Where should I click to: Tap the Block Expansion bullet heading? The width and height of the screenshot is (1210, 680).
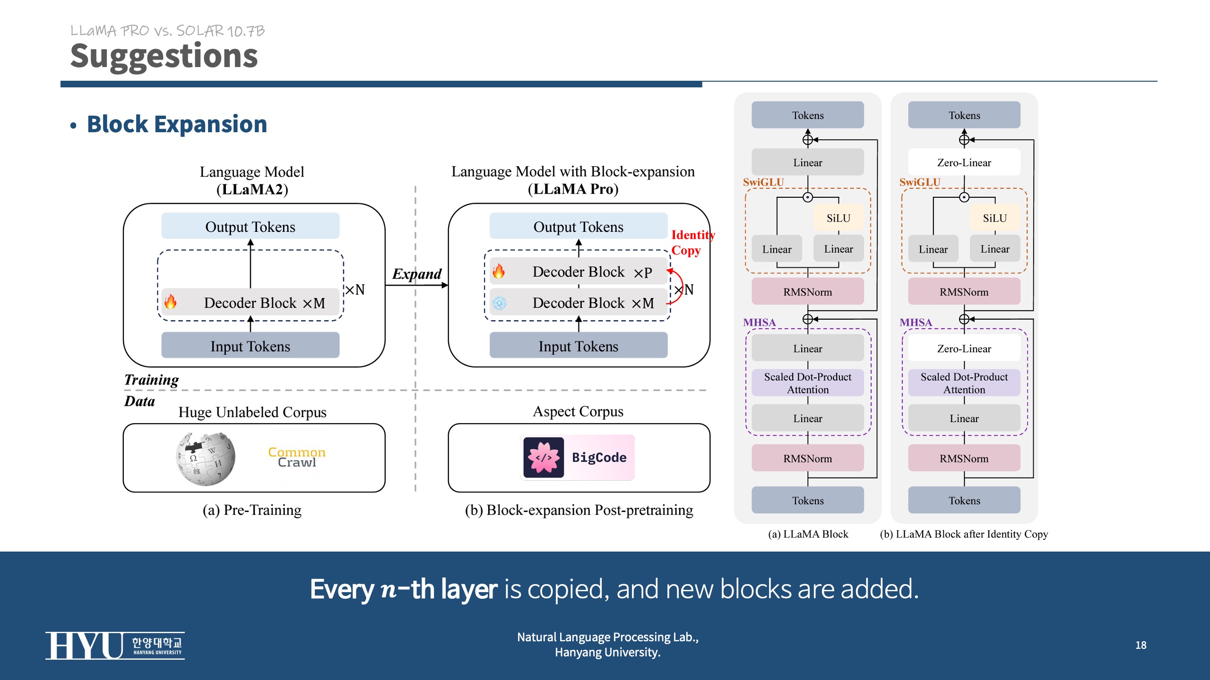click(x=177, y=125)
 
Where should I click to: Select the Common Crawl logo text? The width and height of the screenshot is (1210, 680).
click(x=297, y=458)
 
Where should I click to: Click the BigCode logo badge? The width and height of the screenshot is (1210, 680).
click(x=577, y=458)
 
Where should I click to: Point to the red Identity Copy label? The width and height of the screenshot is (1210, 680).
click(x=692, y=243)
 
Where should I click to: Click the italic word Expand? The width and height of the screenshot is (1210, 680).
click(x=416, y=274)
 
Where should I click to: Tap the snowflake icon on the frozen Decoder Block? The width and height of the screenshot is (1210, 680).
click(x=499, y=303)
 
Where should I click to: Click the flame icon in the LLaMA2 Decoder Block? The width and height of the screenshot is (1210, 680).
click(x=171, y=302)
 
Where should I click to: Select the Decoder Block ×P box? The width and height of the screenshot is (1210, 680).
click(x=579, y=272)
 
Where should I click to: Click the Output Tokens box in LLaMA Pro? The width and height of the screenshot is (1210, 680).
click(x=578, y=227)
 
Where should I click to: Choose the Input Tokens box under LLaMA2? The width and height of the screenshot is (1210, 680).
click(x=250, y=346)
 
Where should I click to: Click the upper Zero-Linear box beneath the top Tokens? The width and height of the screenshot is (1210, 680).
click(x=964, y=162)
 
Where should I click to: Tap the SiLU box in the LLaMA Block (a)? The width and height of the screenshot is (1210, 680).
click(x=838, y=218)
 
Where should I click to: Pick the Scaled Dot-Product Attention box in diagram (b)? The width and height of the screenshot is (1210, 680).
click(x=964, y=383)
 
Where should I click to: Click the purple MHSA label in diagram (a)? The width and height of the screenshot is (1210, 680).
click(x=759, y=323)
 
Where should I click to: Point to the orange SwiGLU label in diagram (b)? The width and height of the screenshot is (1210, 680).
click(x=919, y=182)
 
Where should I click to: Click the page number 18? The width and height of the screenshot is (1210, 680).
click(x=1141, y=645)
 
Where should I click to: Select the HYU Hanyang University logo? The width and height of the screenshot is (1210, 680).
click(x=115, y=646)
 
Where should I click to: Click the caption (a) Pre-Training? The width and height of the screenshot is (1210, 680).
click(x=252, y=510)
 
